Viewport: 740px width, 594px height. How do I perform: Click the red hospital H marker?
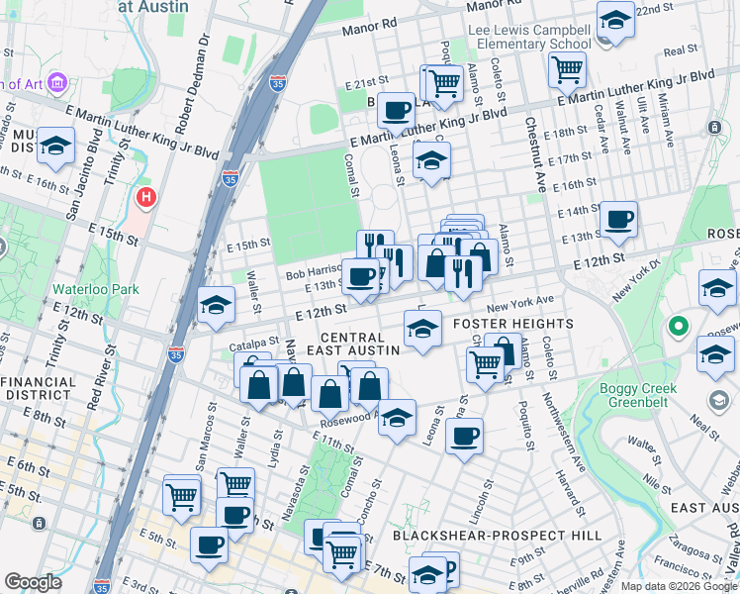click(146, 198)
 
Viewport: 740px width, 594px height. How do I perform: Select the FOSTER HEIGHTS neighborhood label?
click(511, 324)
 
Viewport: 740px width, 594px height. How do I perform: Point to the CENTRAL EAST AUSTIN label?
click(359, 344)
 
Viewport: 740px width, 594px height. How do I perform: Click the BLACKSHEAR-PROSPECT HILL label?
click(497, 535)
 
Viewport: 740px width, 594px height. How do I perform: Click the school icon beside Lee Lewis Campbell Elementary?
click(615, 22)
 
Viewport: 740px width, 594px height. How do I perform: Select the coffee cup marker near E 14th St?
click(618, 219)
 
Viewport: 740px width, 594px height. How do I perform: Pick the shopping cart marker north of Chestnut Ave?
click(567, 68)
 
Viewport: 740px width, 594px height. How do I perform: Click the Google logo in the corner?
click(34, 582)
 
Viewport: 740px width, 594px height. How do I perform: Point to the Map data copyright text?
click(678, 586)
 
